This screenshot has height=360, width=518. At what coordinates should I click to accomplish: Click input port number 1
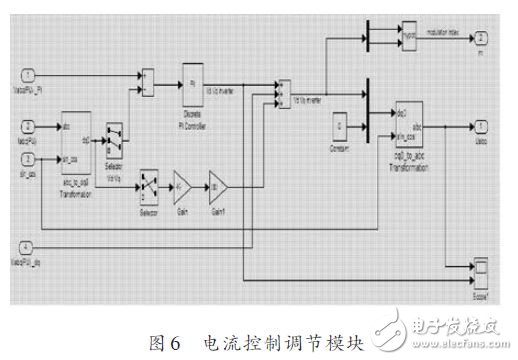pyautogui.click(x=29, y=75)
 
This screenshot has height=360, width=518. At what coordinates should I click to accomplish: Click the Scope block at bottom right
pyautogui.click(x=479, y=267)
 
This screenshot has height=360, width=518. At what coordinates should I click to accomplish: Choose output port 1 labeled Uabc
pyautogui.click(x=482, y=126)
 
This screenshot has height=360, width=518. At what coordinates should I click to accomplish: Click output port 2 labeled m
pyautogui.click(x=482, y=37)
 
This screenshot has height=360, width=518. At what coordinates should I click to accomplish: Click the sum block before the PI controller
pyautogui.click(x=148, y=76)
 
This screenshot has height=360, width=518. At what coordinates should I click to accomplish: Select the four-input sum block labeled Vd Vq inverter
pyautogui.click(x=284, y=90)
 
